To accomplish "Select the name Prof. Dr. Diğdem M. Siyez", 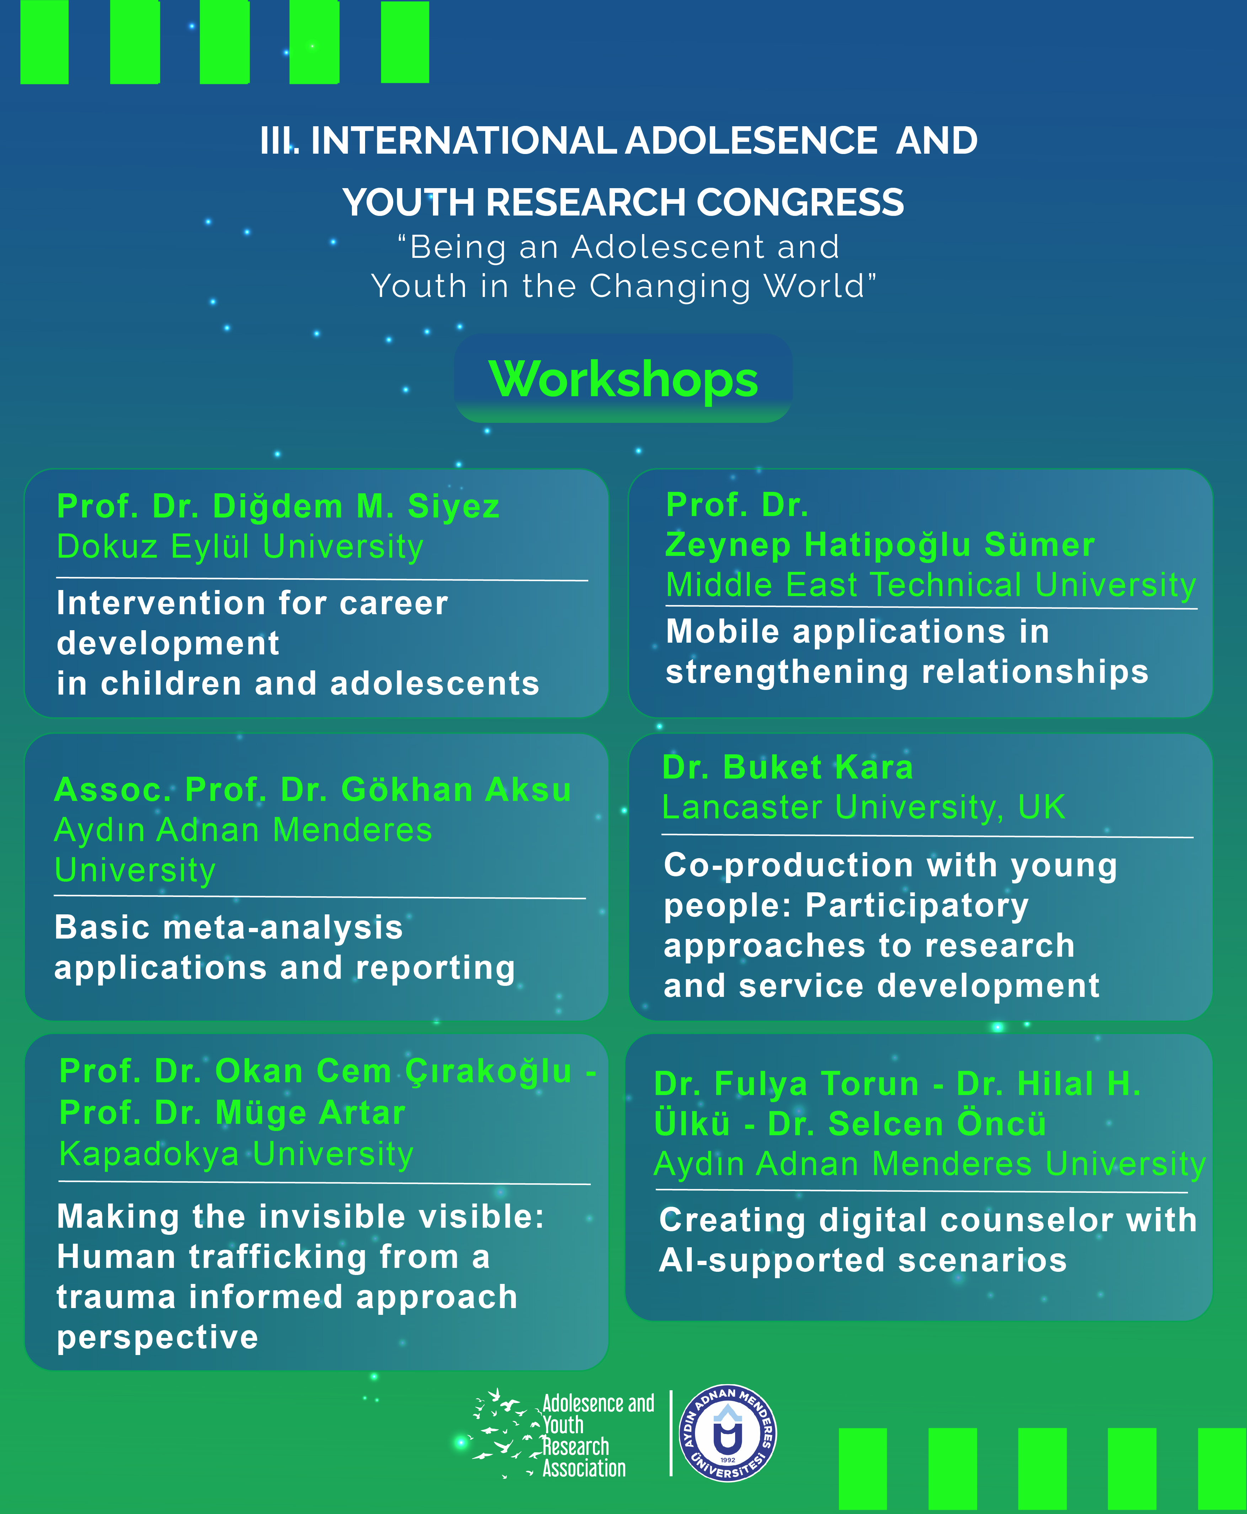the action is (x=278, y=506).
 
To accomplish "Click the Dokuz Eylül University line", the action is (x=240, y=547).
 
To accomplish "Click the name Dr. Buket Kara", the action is (x=787, y=767).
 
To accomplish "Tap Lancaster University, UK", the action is (x=863, y=808).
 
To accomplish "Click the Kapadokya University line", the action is (x=236, y=1154).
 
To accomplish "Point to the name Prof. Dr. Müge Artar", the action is (x=232, y=1113).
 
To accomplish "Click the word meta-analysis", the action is (x=283, y=928).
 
